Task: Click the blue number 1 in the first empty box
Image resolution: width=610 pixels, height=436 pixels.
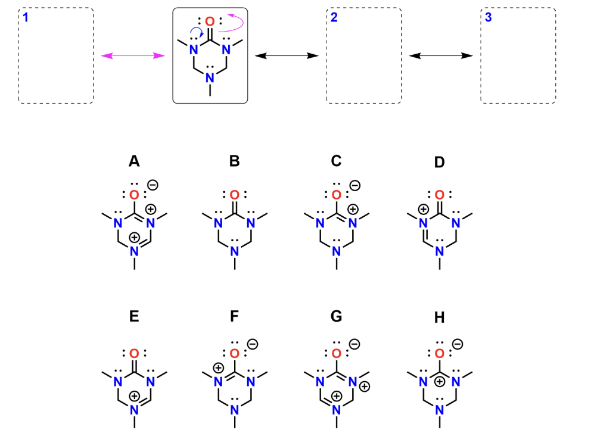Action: pos(26,17)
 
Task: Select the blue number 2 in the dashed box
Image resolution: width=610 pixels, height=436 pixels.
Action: pos(334,17)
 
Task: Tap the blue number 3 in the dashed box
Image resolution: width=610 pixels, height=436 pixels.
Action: pos(488,17)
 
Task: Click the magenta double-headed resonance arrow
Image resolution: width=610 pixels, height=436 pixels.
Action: pos(133,56)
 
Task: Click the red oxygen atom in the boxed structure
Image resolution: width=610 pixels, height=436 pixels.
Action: pos(209,22)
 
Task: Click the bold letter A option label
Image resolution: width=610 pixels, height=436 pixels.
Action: pos(134,161)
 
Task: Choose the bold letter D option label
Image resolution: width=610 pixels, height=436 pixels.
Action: pos(440,161)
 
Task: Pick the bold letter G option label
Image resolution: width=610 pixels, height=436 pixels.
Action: pos(337,316)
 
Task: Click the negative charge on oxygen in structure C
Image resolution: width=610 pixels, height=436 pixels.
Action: pos(354,185)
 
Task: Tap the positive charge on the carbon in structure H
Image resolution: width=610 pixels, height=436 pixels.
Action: pos(440,380)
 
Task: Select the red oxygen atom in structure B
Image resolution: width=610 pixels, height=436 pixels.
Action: pos(235,195)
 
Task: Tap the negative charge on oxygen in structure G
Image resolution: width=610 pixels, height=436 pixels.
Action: pos(354,344)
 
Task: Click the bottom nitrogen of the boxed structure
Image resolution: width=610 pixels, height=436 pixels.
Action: pos(209,77)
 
